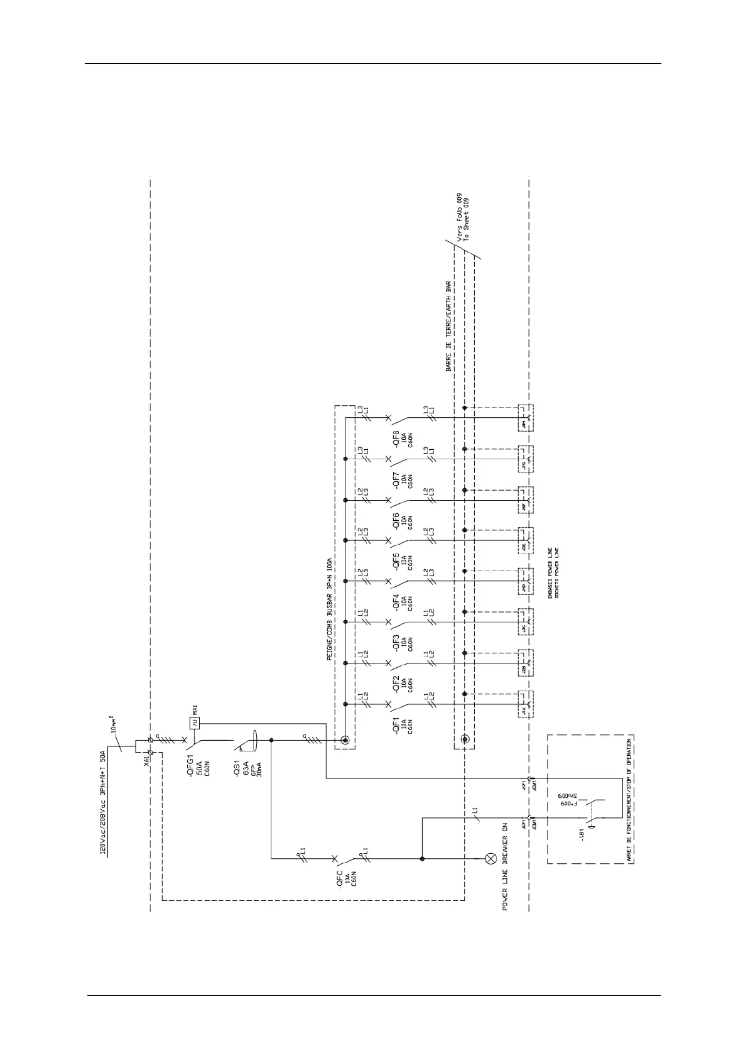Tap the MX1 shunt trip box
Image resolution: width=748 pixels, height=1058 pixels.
pos(194,724)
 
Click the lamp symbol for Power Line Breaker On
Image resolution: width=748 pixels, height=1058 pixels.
pos(491,858)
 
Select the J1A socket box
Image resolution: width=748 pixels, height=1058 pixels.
pos(524,705)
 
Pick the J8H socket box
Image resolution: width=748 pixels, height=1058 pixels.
pos(524,417)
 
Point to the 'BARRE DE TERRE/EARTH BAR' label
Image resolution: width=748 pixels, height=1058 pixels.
pos(448,326)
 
